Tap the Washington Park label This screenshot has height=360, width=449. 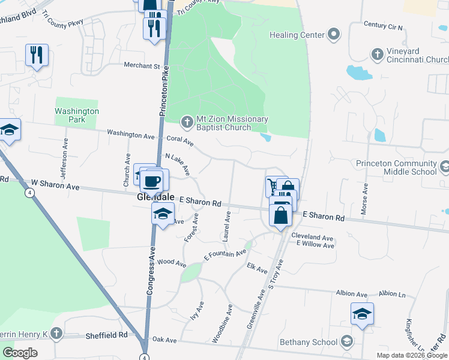tap(76, 115)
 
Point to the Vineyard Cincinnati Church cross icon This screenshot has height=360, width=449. tap(377, 55)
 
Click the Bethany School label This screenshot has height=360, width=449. tap(308, 343)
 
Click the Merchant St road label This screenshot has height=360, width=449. tap(142, 65)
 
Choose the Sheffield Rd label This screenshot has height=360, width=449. tap(106, 335)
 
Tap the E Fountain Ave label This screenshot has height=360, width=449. tap(225, 254)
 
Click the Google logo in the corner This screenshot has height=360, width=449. tap(20, 353)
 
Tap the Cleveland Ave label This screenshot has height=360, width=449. tap(312, 238)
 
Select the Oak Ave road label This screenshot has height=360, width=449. tap(164, 340)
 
